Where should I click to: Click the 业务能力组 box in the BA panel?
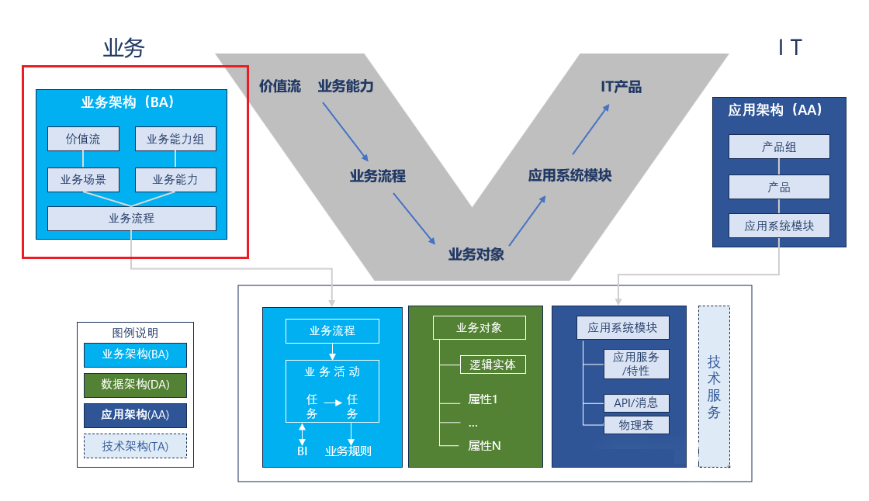[x=175, y=139]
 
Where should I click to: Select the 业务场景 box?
[x=83, y=180]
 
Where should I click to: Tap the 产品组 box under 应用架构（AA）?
[x=779, y=147]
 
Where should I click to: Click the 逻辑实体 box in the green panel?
[x=493, y=365]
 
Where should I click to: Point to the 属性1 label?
[x=482, y=399]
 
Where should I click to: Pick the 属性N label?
[x=484, y=446]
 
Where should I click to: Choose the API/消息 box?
[x=636, y=403]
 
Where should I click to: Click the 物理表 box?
[x=636, y=425]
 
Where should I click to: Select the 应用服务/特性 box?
[x=636, y=364]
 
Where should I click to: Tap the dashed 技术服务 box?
[x=714, y=386]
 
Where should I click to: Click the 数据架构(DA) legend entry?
[x=135, y=385]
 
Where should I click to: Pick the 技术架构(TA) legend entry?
[x=135, y=446]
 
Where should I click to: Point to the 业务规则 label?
[x=348, y=451]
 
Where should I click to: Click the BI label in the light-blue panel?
[x=303, y=451]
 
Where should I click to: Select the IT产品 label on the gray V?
[x=621, y=87]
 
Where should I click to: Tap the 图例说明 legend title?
[x=135, y=333]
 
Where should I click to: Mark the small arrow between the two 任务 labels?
[x=333, y=403]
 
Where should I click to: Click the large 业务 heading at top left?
[x=124, y=48]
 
